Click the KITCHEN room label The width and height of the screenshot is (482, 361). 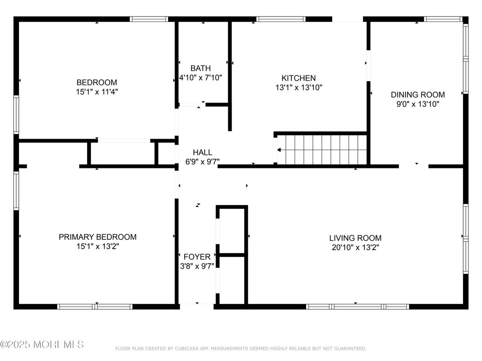[299, 78]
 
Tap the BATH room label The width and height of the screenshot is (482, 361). [200, 68]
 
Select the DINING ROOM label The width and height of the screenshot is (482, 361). [417, 95]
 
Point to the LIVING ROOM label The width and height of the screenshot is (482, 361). [355, 238]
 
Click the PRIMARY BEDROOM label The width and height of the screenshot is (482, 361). [98, 237]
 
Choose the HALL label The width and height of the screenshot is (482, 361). [202, 152]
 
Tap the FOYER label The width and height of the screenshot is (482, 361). [197, 257]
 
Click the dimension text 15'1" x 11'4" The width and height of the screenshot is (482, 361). [98, 92]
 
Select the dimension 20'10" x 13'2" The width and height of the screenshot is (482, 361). [355, 247]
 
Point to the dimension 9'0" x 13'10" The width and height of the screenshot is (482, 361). [417, 104]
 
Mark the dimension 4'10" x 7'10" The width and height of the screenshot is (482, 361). [201, 78]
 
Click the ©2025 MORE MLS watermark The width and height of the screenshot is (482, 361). [42, 344]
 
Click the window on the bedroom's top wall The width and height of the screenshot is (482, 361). [149, 19]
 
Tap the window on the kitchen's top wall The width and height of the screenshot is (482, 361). [281, 19]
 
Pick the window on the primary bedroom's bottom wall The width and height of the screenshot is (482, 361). [95, 307]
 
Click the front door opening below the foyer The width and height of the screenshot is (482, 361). [197, 306]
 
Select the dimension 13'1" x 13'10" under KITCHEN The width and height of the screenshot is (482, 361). [299, 88]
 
